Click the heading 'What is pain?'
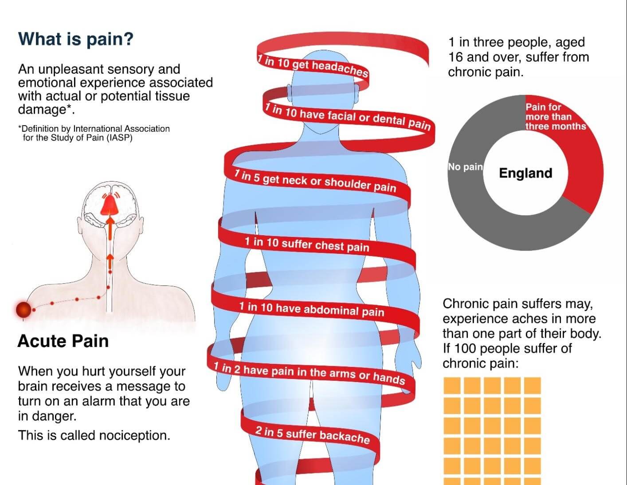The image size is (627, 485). coord(75,39)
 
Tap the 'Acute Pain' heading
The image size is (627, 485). coord(63,341)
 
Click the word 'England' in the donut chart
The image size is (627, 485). coord(525,173)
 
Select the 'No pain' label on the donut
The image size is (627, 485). coord(465,167)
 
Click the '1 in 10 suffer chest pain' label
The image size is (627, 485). coord(306,244)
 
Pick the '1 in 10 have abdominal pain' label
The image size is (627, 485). coord(311,309)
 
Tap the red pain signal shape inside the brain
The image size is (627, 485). coord(108,205)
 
